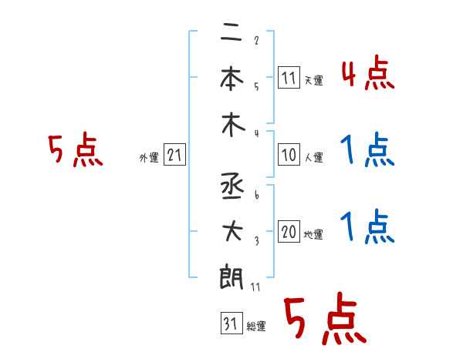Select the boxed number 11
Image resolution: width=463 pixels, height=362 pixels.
(289, 77)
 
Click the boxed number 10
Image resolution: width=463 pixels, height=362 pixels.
(289, 155)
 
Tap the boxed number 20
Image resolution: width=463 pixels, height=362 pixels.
(289, 233)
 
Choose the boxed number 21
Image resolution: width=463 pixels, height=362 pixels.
(174, 156)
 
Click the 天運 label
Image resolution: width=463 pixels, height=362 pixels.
(313, 79)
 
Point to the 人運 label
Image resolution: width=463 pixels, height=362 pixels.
(313, 157)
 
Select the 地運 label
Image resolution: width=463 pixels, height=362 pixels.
(313, 235)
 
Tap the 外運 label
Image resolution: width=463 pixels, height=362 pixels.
(149, 158)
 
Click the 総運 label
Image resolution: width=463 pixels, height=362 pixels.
(256, 327)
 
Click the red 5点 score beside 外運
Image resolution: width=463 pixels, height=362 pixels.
(75, 150)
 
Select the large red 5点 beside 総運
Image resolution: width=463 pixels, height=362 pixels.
(323, 320)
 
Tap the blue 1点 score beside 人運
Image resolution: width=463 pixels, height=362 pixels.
(367, 151)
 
